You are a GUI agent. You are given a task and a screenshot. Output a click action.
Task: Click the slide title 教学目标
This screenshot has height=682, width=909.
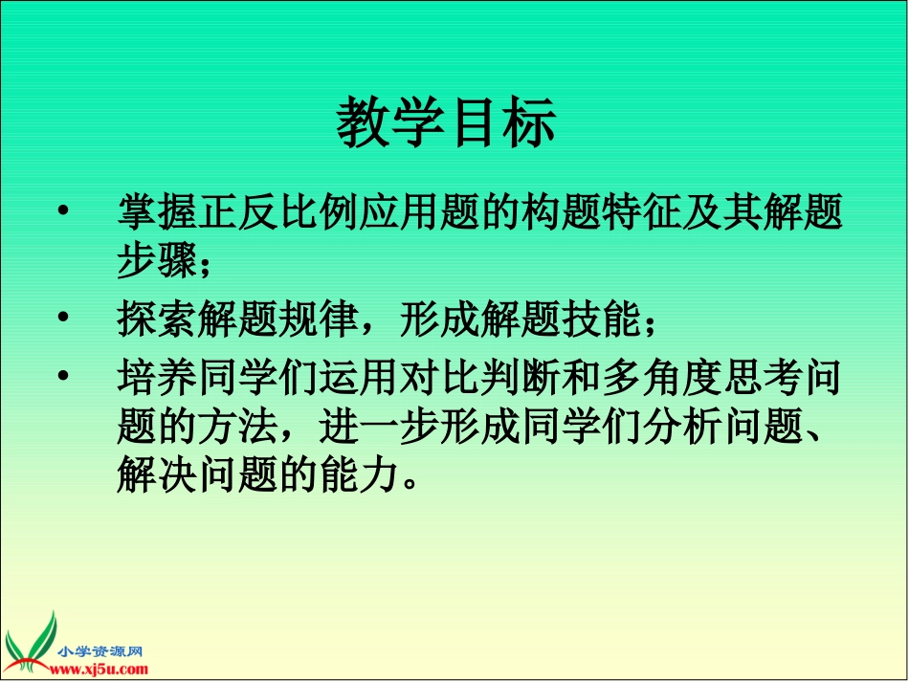tap(446, 124)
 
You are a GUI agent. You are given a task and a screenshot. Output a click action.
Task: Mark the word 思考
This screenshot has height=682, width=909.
tap(766, 378)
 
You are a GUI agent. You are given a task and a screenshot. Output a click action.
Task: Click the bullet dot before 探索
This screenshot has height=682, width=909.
tap(64, 318)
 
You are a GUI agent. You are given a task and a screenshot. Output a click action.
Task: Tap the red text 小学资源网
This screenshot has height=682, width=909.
tap(100, 650)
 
